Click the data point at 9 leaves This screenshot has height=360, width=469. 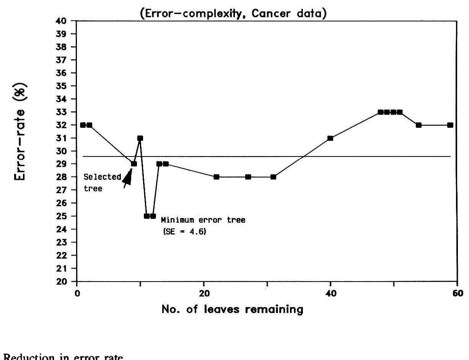[x=134, y=164]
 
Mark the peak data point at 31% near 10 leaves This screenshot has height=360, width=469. [x=140, y=138]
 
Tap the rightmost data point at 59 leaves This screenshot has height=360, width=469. [x=450, y=125]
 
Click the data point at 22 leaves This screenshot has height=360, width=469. [x=216, y=177]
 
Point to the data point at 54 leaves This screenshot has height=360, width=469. [x=419, y=125]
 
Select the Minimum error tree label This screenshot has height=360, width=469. [x=203, y=220]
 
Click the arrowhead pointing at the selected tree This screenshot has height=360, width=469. [x=127, y=177]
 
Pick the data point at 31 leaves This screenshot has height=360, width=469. [x=273, y=177]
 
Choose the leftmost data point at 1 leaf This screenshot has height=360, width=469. [x=83, y=125]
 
